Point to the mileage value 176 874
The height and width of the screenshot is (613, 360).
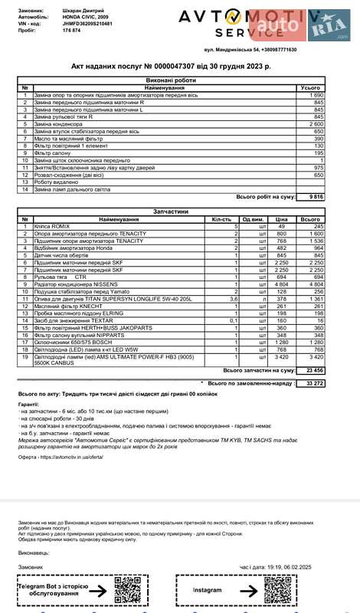click(71, 31)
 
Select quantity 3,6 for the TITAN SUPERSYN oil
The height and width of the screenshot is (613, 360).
click(234, 297)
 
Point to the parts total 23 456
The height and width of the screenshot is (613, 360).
click(313, 370)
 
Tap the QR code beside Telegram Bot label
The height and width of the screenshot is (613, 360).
click(125, 592)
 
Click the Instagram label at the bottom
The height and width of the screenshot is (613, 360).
click(207, 592)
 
